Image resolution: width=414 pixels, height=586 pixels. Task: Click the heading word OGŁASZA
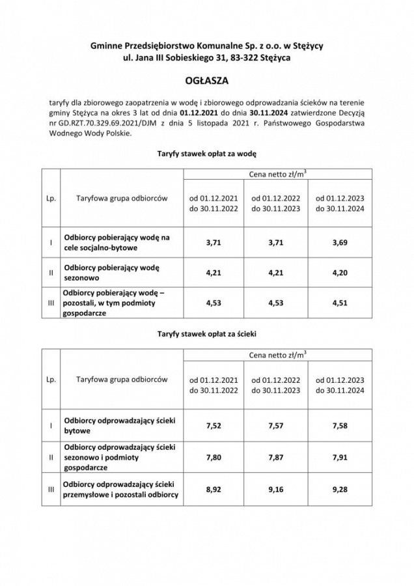(206, 82)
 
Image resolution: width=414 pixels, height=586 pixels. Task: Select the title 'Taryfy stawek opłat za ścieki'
(206, 333)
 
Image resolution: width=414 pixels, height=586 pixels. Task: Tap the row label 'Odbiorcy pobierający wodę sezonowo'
(112, 273)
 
